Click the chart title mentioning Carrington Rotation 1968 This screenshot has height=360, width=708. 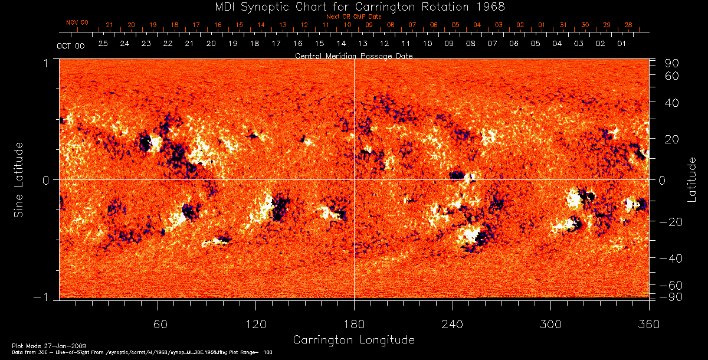pyautogui.click(x=353, y=6)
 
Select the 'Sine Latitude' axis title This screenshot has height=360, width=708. pyautogui.click(x=19, y=179)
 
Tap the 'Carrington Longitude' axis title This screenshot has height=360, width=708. pyautogui.click(x=353, y=340)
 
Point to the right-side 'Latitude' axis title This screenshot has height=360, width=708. pyautogui.click(x=691, y=179)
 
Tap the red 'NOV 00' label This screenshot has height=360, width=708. pyautogui.click(x=77, y=22)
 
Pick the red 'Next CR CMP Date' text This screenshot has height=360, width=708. pyautogui.click(x=354, y=17)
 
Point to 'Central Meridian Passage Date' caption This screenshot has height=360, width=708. pyautogui.click(x=353, y=55)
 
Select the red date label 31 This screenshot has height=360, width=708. pyautogui.click(x=563, y=25)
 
